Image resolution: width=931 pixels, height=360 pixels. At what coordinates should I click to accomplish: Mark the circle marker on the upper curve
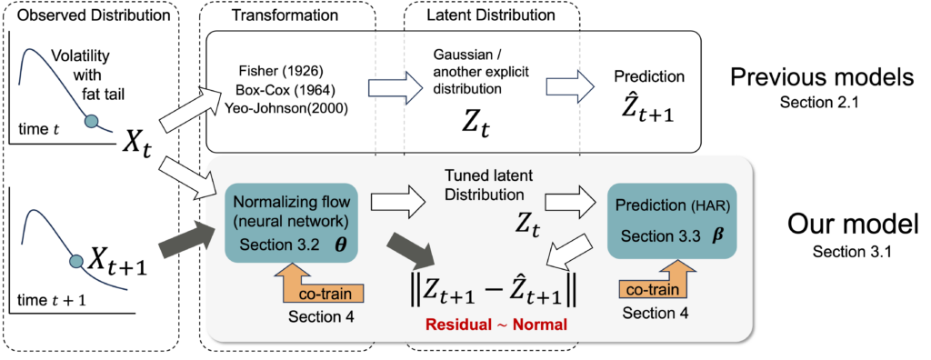91,121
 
